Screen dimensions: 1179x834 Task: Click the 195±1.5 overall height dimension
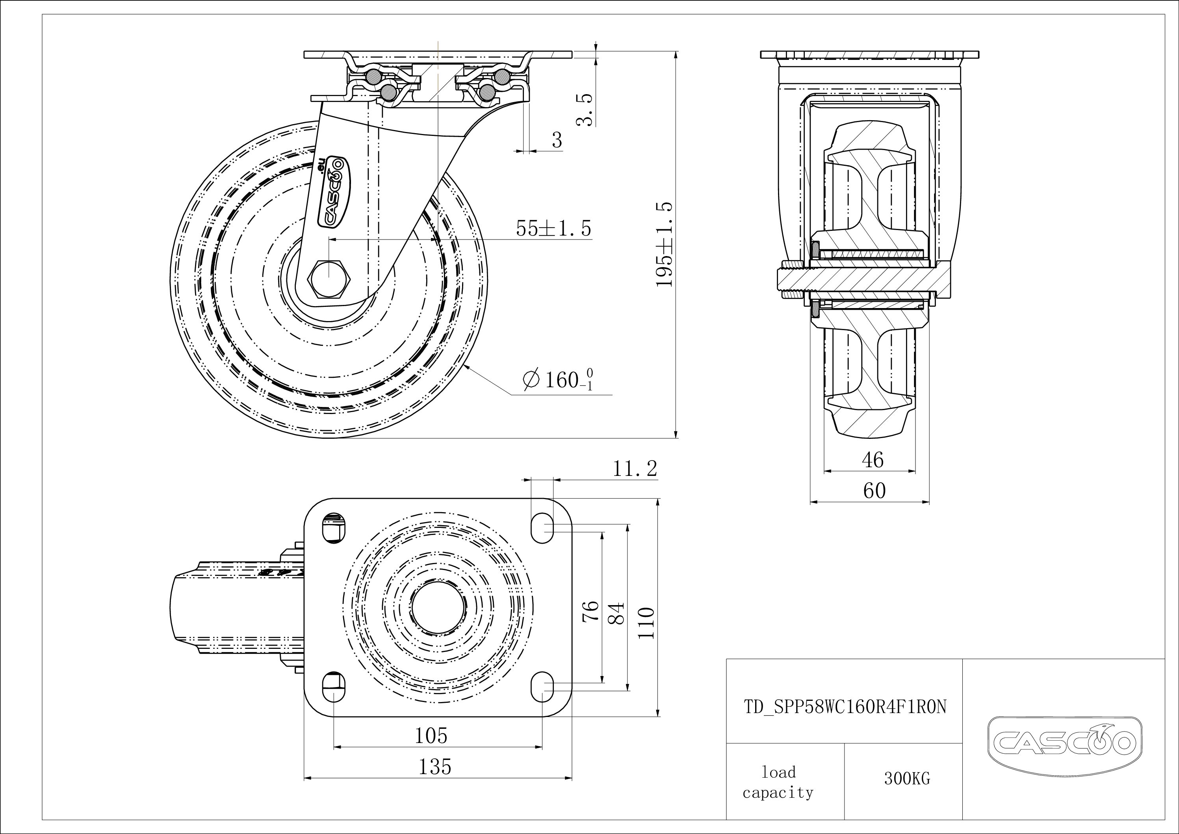coord(665,244)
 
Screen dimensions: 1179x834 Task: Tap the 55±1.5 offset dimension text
coord(553,228)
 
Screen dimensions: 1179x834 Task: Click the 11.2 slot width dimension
coord(635,468)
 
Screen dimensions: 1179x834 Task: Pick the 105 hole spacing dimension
coord(431,736)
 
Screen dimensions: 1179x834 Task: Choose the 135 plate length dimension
coord(434,766)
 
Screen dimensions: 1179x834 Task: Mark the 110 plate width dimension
coord(646,622)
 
